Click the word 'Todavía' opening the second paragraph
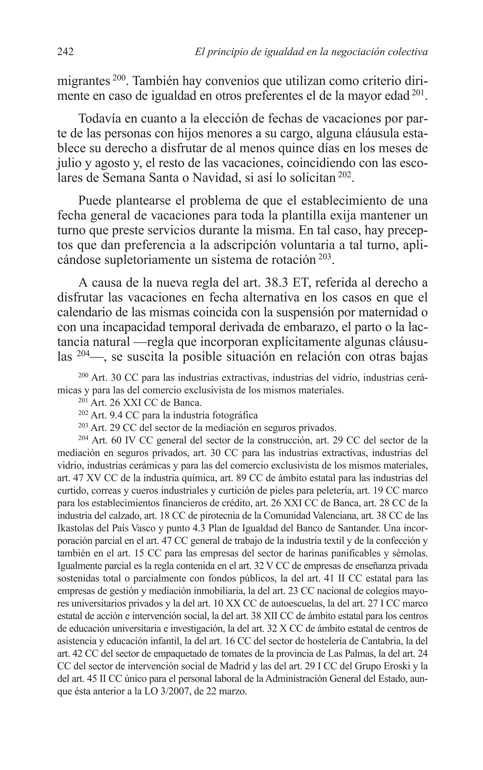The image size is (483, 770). pos(99,119)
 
